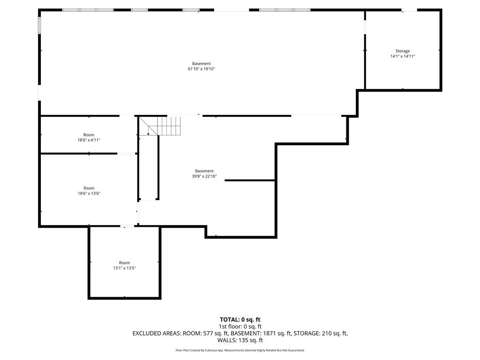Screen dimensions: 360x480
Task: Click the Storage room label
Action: [402, 51]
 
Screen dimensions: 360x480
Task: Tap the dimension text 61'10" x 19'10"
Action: [201, 69]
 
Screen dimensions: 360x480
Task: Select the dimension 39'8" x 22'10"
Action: [204, 176]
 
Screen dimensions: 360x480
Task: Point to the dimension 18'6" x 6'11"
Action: [89, 140]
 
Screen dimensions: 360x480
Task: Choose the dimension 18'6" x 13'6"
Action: [89, 193]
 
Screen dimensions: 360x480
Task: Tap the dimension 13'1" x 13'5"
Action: [124, 268]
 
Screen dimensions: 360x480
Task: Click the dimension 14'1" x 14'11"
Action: [403, 56]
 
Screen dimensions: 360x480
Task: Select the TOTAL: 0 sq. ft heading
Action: [240, 320]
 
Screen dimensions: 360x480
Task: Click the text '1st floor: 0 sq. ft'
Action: [240, 326]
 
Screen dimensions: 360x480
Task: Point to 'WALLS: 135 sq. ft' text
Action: [240, 340]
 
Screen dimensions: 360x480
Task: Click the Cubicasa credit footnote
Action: [240, 350]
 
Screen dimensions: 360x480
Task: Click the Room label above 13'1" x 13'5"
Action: [124, 262]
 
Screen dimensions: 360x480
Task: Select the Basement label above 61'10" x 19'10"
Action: [201, 64]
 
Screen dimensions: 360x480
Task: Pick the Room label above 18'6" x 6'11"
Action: [89, 135]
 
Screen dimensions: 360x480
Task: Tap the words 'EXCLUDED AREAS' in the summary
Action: [154, 333]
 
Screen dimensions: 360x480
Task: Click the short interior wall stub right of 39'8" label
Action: [249, 180]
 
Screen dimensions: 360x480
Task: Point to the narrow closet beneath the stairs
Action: [149, 169]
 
